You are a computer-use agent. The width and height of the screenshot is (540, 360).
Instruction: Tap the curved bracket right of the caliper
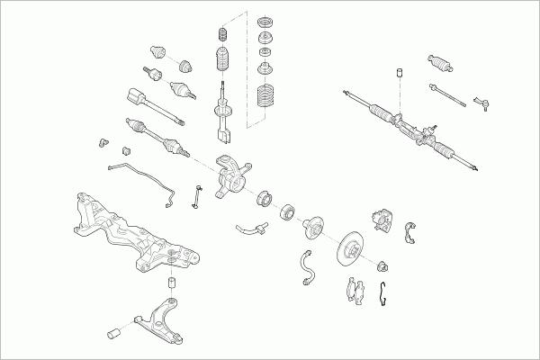(x=414, y=231)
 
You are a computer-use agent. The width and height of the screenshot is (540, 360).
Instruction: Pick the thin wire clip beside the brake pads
(x=385, y=292)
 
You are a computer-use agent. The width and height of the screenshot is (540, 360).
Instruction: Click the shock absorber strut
(x=221, y=112)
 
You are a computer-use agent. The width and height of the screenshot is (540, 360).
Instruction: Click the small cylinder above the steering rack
(x=395, y=72)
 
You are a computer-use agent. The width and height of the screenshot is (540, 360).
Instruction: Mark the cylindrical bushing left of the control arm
(x=113, y=335)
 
